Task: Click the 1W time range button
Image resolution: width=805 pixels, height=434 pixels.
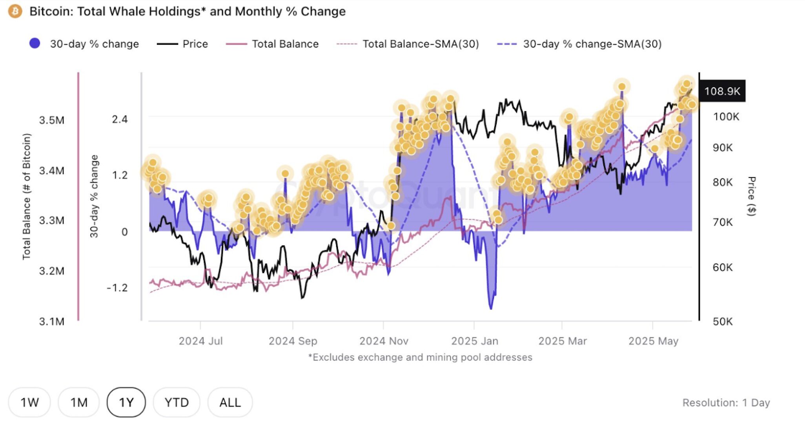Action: click(29, 402)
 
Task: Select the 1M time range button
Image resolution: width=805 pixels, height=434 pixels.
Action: click(79, 402)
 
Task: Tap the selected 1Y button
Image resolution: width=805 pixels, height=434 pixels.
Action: click(126, 402)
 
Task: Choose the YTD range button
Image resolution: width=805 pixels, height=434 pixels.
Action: click(177, 402)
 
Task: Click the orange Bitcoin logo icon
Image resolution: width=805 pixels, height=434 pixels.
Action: click(15, 11)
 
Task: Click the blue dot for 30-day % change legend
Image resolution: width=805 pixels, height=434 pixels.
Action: click(35, 43)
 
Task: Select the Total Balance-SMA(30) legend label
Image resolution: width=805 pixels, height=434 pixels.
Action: click(421, 44)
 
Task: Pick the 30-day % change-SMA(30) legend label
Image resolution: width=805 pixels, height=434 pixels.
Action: click(592, 44)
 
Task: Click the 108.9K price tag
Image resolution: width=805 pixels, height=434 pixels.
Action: click(722, 91)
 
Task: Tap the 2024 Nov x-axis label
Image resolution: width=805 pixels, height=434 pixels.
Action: click(384, 341)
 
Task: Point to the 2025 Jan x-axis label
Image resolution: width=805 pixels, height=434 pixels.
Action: click(475, 341)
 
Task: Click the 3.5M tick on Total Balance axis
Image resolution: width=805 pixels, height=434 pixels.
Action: click(52, 120)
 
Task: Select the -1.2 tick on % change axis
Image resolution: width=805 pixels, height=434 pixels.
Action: click(117, 288)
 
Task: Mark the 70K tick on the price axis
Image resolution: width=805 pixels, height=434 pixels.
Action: click(723, 222)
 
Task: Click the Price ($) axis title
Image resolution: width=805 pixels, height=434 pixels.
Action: click(751, 196)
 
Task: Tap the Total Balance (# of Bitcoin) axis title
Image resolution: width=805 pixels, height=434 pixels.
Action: click(26, 196)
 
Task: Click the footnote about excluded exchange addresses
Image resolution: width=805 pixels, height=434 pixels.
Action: click(420, 357)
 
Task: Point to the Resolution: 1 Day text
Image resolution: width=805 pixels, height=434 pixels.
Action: click(726, 403)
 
